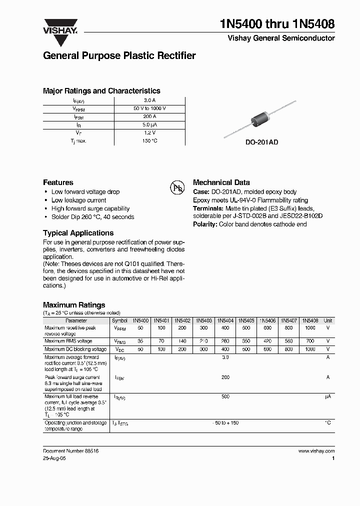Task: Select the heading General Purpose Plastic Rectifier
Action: [x=119, y=56]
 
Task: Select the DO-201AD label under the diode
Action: [x=261, y=142]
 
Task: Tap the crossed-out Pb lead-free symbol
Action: [x=177, y=187]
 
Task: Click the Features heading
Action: [x=58, y=182]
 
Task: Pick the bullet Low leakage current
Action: [x=78, y=200]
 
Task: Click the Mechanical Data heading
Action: [x=221, y=182]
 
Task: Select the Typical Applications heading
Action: [x=78, y=233]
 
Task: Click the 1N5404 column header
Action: [x=225, y=320]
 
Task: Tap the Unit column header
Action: [x=328, y=320]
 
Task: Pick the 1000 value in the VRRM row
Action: [x=310, y=328]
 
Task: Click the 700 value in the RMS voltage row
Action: [x=310, y=341]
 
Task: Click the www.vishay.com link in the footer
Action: [x=316, y=450]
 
